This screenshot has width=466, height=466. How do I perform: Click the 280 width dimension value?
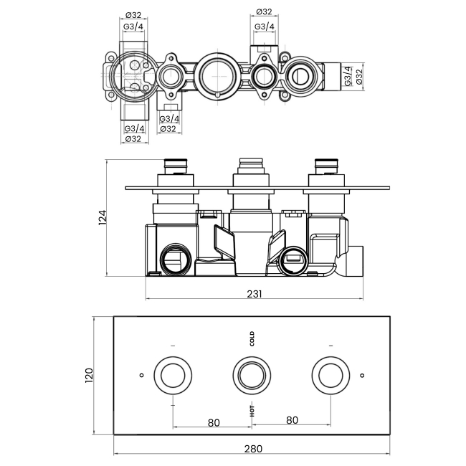[x=252, y=449]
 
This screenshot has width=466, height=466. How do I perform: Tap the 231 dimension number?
[x=255, y=294]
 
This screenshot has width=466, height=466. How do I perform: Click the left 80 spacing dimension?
[x=213, y=422]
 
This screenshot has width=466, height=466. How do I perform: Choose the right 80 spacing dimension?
[x=291, y=422]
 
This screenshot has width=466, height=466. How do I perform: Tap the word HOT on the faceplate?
[x=252, y=411]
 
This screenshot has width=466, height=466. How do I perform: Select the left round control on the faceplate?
[x=173, y=374]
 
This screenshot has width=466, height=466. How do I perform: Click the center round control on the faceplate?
[x=252, y=374]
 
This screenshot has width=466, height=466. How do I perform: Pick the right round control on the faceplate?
[x=331, y=374]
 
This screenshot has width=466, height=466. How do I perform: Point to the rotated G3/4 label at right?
[x=348, y=75]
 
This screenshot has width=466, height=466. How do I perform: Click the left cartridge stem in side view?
[x=176, y=166]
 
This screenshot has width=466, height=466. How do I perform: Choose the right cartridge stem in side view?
[x=326, y=166]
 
